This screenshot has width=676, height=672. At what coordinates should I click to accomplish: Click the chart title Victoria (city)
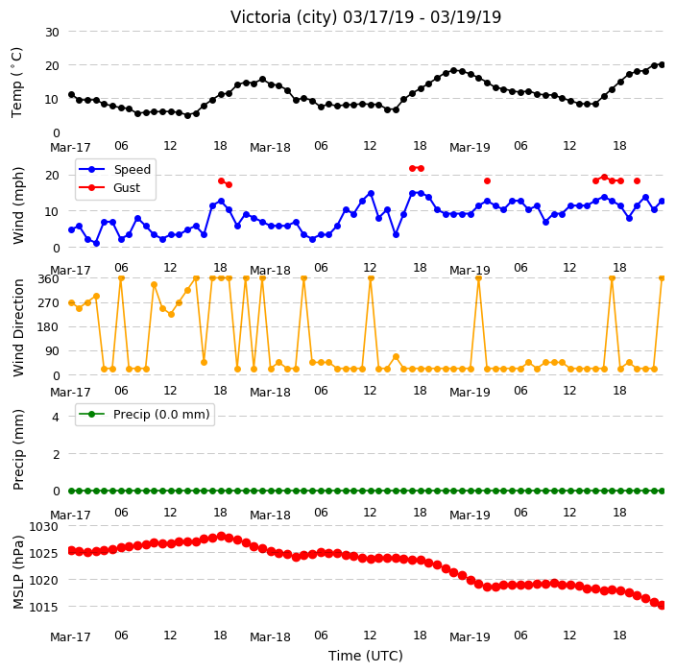pyautogui.click(x=283, y=17)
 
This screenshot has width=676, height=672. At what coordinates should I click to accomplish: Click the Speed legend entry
pyautogui.click(x=114, y=169)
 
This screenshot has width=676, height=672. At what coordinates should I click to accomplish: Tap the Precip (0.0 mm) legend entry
pyautogui.click(x=144, y=414)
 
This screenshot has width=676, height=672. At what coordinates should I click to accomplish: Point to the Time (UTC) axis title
pyautogui.click(x=366, y=656)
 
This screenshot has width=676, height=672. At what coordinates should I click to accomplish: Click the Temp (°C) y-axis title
pyautogui.click(x=16, y=83)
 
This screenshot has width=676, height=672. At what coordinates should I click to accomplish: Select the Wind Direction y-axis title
pyautogui.click(x=17, y=328)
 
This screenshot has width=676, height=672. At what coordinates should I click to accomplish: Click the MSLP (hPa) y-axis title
pyautogui.click(x=17, y=572)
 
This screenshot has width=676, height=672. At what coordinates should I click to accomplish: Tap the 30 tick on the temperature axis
pyautogui.click(x=52, y=33)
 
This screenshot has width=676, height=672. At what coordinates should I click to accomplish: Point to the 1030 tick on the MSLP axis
pyautogui.click(x=43, y=527)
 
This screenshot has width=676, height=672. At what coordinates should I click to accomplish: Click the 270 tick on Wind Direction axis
pyautogui.click(x=48, y=303)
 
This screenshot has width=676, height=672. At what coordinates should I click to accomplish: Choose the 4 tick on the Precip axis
pyautogui.click(x=56, y=417)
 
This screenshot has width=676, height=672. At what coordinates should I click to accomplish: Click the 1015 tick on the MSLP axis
pyautogui.click(x=43, y=607)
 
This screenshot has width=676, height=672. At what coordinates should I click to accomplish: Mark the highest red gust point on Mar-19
pyautogui.click(x=604, y=178)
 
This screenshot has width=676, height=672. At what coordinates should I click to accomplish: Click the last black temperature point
pyautogui.click(x=663, y=64)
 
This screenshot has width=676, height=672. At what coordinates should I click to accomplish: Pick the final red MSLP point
pyautogui.click(x=663, y=605)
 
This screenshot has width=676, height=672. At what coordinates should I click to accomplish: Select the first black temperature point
pyautogui.click(x=72, y=95)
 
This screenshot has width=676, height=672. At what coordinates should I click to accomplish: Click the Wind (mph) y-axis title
pyautogui.click(x=17, y=205)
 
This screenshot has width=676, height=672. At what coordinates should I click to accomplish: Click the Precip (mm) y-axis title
pyautogui.click(x=17, y=449)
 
